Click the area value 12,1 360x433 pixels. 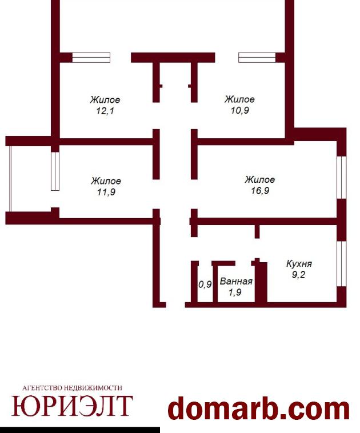point(105,111)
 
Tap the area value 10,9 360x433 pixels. point(240,110)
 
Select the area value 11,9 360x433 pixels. point(106,192)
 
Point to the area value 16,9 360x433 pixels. point(260,191)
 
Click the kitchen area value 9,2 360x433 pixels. point(299,275)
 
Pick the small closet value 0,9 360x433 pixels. point(205,284)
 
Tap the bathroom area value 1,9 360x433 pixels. point(235,292)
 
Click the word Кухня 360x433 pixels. point(299,264)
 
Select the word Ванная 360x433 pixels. point(236,282)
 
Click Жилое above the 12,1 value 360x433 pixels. point(105,100)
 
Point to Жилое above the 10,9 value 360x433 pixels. point(239,99)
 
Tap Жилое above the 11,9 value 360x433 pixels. point(106,181)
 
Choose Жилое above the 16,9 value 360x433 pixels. point(259,179)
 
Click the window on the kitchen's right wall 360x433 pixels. point(342,264)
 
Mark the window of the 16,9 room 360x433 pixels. point(342,178)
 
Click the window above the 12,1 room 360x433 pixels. point(91,58)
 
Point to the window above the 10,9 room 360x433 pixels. point(257,58)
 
